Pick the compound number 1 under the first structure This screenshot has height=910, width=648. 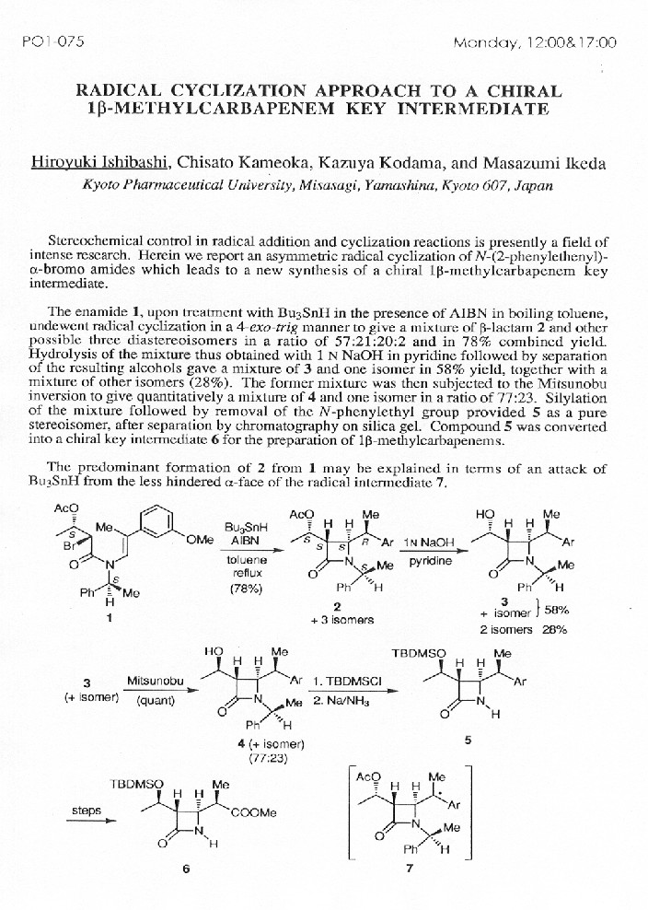[109, 618]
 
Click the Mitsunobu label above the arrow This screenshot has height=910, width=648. [151, 681]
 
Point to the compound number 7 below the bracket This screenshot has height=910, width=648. [409, 869]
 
